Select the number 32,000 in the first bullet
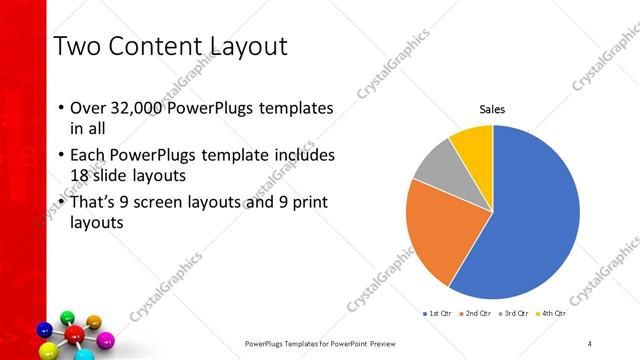click(134, 109)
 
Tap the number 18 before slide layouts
click(82, 176)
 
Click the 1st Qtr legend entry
click(436, 313)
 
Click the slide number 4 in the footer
click(590, 344)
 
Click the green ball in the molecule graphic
click(67, 319)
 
